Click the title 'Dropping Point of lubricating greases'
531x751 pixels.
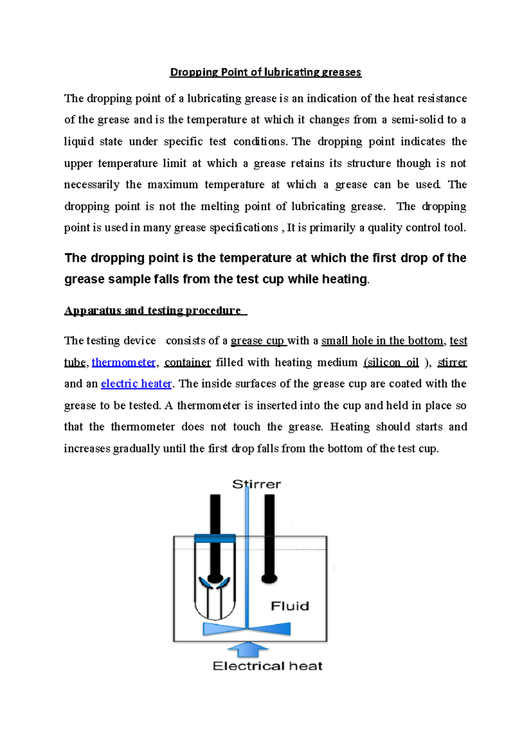[x=265, y=72]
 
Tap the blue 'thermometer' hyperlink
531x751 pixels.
[x=123, y=363]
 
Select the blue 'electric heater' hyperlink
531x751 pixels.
[x=136, y=384]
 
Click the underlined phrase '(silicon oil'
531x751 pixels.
[x=391, y=363]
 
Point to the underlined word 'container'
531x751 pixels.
[x=187, y=363]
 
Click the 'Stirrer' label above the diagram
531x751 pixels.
[x=257, y=484]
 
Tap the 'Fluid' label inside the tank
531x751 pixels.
[x=290, y=606]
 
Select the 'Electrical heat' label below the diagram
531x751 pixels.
[x=267, y=666]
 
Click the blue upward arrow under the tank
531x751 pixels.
[x=248, y=650]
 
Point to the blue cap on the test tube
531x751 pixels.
[x=215, y=538]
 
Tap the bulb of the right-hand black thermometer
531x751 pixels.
[x=269, y=578]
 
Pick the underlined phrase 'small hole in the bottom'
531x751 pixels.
[x=382, y=341]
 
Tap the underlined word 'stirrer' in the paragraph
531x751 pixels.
[x=452, y=363]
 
